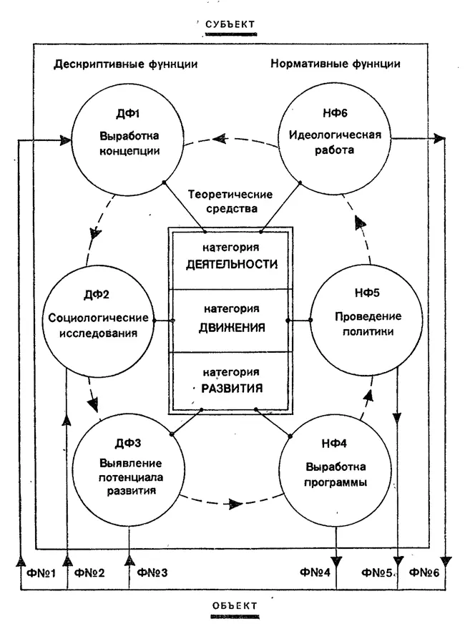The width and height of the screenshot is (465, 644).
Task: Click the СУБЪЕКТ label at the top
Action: [230, 26]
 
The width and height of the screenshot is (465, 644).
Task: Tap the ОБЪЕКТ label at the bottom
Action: [234, 606]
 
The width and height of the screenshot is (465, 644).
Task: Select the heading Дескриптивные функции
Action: [125, 64]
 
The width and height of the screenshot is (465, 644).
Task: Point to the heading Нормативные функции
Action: [335, 64]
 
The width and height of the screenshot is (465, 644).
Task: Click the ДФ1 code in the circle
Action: [128, 115]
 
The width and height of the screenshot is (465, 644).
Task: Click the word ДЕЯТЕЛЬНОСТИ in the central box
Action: [231, 263]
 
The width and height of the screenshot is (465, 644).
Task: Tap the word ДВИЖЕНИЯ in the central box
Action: [230, 328]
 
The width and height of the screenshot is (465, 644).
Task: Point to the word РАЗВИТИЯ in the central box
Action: [230, 389]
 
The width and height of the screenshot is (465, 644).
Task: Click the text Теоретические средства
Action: [222, 203]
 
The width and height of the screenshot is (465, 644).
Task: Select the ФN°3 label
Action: [152, 572]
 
